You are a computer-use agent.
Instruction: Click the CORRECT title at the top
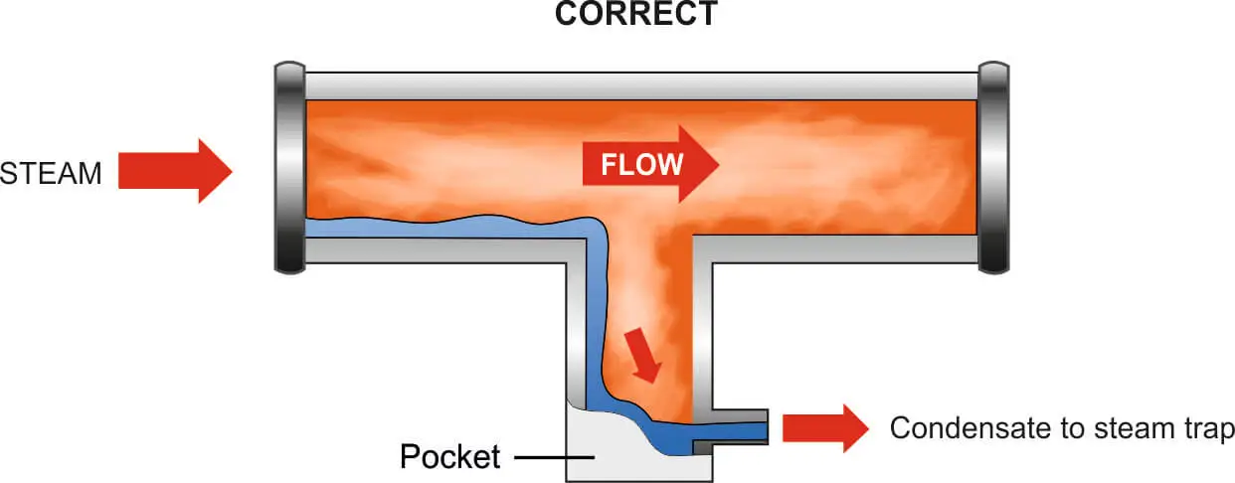636,14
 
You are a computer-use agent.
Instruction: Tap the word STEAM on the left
52,173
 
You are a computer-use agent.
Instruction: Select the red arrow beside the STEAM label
174,171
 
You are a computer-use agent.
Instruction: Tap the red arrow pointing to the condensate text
824,428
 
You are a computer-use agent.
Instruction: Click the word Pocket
449,457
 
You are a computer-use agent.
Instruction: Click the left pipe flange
289,167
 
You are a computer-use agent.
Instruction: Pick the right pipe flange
994,167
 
